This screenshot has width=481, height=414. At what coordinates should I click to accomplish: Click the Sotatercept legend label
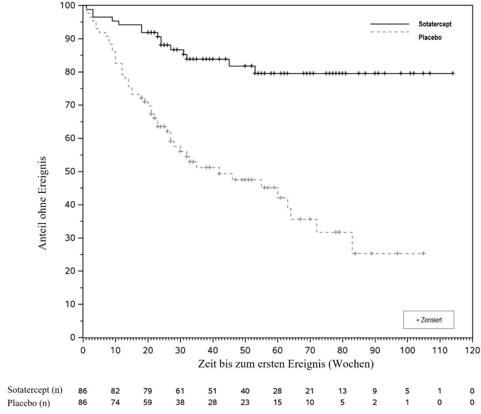tap(435, 24)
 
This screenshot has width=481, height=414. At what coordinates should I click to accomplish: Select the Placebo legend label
tap(430, 37)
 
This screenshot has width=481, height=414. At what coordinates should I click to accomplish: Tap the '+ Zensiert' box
tap(429, 320)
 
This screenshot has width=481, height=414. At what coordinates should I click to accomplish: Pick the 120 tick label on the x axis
tap(472, 350)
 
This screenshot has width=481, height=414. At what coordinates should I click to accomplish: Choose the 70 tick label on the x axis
tap(310, 350)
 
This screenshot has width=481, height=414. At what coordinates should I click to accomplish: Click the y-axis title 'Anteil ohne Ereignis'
tap(42, 203)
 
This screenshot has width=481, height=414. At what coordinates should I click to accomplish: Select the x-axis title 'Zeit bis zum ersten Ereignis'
tap(286, 364)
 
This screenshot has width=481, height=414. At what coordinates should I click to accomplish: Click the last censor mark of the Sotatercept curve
tap(453, 73)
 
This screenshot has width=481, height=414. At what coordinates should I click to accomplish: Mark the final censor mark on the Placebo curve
tap(423, 253)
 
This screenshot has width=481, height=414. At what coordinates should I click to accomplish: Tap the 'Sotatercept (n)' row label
tap(35, 390)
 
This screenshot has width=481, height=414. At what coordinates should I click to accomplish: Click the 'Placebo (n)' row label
tap(29, 403)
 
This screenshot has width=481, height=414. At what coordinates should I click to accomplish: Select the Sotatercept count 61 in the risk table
tap(180, 391)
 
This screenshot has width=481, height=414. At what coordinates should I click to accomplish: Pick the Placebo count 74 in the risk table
tap(115, 403)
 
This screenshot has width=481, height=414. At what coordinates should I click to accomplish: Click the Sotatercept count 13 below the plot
tap(342, 391)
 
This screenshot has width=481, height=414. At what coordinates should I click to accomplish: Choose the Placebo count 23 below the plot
tap(245, 403)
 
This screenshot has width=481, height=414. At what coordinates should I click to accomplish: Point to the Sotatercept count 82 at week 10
tap(115, 391)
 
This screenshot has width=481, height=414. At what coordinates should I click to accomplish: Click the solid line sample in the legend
tap(390, 24)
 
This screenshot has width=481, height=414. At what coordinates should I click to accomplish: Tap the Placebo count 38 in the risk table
tap(180, 403)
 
